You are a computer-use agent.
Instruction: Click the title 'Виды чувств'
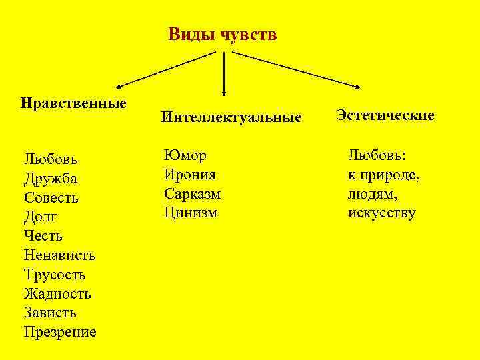222,34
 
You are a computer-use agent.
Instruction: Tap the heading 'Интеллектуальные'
231,118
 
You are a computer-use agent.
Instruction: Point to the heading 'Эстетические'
385,115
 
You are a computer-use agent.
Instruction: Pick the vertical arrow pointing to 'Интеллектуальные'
223,73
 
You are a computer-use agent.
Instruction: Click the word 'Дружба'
51,179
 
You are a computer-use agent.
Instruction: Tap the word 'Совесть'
51,198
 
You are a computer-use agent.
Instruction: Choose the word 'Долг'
41,217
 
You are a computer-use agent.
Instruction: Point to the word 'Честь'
43,236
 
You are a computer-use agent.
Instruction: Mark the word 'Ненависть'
60,255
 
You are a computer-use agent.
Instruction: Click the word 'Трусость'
55,275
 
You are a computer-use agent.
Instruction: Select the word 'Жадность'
57,293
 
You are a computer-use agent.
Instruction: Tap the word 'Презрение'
60,332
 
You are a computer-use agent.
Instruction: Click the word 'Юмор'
185,155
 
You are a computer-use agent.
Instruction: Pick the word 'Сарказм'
192,194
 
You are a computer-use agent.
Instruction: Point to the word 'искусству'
381,213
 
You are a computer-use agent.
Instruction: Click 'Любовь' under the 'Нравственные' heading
51,159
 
